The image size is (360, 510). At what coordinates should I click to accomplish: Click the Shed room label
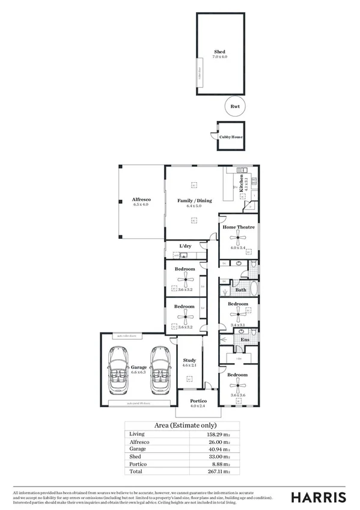[x=220, y=52]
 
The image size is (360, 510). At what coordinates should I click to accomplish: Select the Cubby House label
[x=231, y=137]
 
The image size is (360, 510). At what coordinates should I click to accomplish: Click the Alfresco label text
[x=141, y=199]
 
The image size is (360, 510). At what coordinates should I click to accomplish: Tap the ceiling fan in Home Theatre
[x=239, y=238]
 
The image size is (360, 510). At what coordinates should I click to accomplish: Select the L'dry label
[x=185, y=247]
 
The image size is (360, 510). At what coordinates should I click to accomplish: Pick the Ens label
[x=245, y=340]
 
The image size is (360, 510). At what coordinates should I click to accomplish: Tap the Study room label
[x=190, y=360]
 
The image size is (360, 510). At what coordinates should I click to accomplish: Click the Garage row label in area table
[x=138, y=449]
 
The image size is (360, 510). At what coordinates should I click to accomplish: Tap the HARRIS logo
[x=318, y=497]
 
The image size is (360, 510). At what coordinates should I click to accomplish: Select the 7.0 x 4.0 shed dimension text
[x=220, y=57]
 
